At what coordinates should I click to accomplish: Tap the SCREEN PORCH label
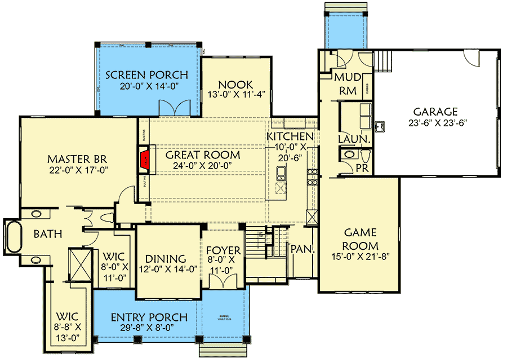click(146, 75)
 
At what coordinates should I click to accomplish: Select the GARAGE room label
click(435, 112)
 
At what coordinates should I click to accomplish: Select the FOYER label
click(223, 250)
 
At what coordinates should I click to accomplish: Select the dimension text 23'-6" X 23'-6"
click(435, 122)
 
